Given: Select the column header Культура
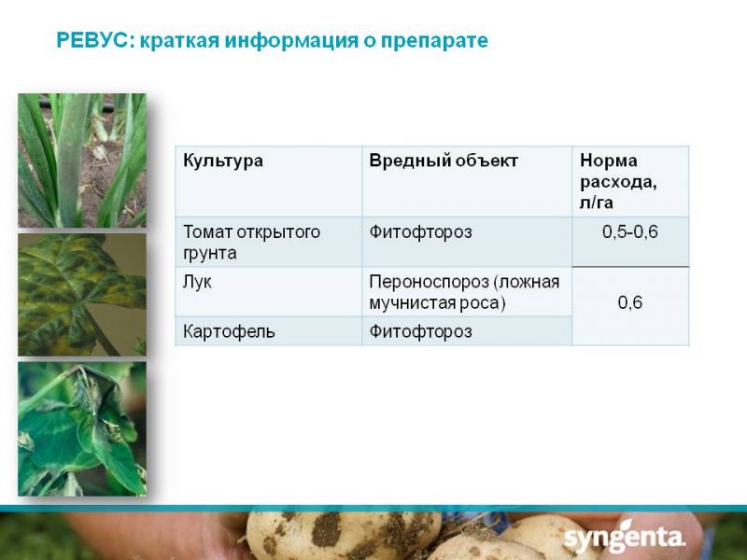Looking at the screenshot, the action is click(223, 161).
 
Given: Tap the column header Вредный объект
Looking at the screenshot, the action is click(443, 161).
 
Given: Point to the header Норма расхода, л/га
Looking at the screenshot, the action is click(618, 181).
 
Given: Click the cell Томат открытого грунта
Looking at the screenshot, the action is click(251, 242).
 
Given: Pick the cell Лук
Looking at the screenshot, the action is click(197, 283).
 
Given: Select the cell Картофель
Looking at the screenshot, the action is click(229, 331).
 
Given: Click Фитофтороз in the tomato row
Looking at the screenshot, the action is click(421, 232).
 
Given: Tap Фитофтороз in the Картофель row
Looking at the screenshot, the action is click(421, 331).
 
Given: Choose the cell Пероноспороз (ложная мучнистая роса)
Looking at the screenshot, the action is click(464, 292).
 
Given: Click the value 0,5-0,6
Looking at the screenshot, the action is click(629, 231).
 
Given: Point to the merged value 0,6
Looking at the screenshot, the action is click(629, 302).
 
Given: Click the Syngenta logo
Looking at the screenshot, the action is click(624, 538).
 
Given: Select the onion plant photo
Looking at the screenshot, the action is click(82, 161).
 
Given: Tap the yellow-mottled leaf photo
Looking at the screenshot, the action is click(82, 295).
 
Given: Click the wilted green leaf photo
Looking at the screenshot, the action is click(82, 428).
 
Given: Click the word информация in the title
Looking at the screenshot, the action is click(291, 41).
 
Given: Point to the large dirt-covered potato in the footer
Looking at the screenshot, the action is click(344, 535).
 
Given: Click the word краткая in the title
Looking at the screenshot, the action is click(179, 40).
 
